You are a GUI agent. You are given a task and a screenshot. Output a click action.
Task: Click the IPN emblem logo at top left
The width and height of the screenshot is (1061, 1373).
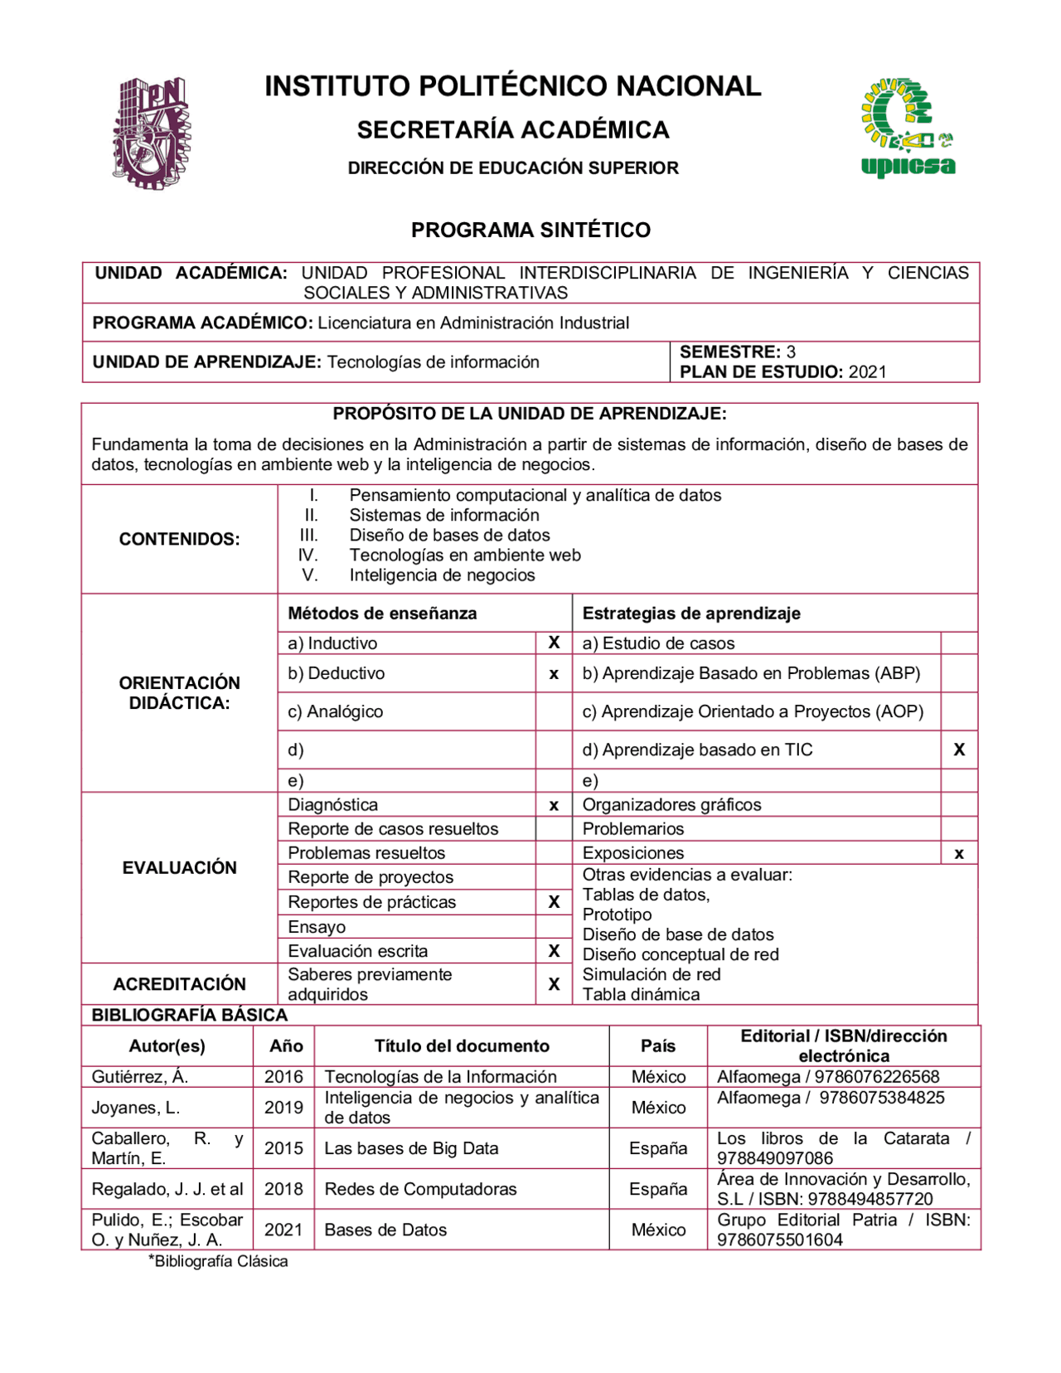tap(151, 133)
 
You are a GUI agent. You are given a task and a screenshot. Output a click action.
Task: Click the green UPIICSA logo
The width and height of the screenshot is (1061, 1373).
tap(908, 128)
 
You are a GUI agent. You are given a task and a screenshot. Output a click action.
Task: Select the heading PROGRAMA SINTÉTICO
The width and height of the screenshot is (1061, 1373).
tap(530, 230)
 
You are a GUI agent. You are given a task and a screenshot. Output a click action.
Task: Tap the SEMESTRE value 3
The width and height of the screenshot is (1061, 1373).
tap(791, 352)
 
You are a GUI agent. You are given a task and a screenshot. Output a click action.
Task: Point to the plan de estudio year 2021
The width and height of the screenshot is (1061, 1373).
tap(867, 371)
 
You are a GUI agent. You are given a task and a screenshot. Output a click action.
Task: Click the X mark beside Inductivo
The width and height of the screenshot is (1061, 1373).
tap(554, 643)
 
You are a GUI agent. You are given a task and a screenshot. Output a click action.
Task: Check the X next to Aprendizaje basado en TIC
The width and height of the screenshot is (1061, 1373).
tap(959, 750)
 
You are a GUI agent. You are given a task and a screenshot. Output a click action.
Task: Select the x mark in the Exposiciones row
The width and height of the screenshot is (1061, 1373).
tap(959, 853)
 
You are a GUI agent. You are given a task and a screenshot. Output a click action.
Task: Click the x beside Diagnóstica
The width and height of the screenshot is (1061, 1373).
tap(554, 805)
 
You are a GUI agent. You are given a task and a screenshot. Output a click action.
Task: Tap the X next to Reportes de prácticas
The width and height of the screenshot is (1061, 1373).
tap(554, 902)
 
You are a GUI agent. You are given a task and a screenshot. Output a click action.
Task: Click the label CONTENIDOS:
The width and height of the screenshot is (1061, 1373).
tap(179, 539)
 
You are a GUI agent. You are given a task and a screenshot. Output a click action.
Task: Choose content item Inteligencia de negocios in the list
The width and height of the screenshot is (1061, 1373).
tap(442, 575)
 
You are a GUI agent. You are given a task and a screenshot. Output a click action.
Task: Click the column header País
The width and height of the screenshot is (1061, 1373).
tap(658, 1046)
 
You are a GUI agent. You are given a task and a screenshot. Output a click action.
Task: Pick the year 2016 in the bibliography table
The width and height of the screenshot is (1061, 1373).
tap(283, 1076)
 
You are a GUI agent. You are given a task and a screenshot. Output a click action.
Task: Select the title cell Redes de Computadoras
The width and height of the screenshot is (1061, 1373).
tap(420, 1189)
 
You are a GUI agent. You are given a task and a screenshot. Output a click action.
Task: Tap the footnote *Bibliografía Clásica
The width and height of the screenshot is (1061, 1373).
tap(219, 1261)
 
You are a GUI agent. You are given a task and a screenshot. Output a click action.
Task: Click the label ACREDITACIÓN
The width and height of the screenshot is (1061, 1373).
tap(179, 984)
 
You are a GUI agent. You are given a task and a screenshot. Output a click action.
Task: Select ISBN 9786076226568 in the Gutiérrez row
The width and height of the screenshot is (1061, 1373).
tap(877, 1076)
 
